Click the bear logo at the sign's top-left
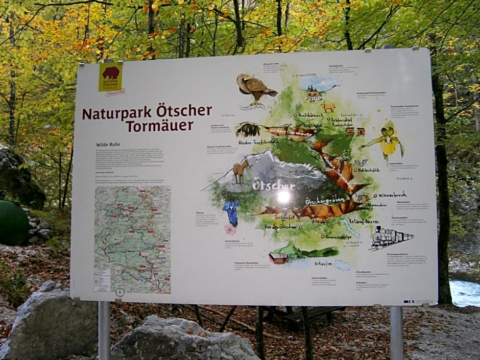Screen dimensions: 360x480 click(x=110, y=76)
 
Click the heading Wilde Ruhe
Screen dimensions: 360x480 click(x=108, y=145)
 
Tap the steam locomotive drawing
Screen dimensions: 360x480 click(x=390, y=237)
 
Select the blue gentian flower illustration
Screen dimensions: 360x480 click(x=232, y=212)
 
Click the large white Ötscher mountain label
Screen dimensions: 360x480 click(x=273, y=186)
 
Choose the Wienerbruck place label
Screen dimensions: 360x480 click(x=392, y=195)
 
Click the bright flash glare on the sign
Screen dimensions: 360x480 click(x=283, y=196)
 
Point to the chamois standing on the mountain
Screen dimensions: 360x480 click(x=240, y=170)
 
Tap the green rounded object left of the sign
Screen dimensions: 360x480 click(x=13, y=223)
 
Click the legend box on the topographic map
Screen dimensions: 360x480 click(x=102, y=280)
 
